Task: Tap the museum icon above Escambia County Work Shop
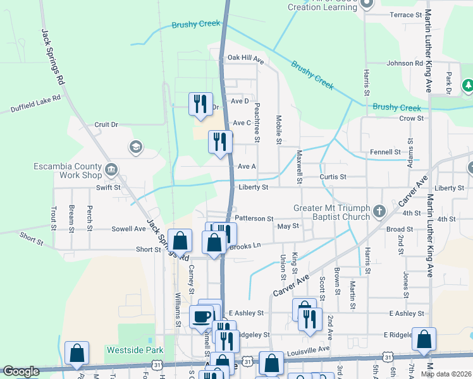[111, 169]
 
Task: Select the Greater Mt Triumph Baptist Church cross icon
[379, 210]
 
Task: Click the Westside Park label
[135, 350]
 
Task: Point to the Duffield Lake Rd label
[35, 104]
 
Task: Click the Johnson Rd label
[405, 63]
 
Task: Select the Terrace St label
[405, 15]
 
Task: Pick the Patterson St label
[254, 218]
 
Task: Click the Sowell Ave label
[128, 229]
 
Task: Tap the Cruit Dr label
[106, 124]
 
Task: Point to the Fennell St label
[385, 152]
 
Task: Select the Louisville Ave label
[309, 349]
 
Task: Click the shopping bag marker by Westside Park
[77, 354]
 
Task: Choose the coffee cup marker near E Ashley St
[202, 316]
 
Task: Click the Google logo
[21, 371]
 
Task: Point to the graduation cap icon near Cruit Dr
[135, 147]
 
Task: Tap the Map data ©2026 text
[446, 374]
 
